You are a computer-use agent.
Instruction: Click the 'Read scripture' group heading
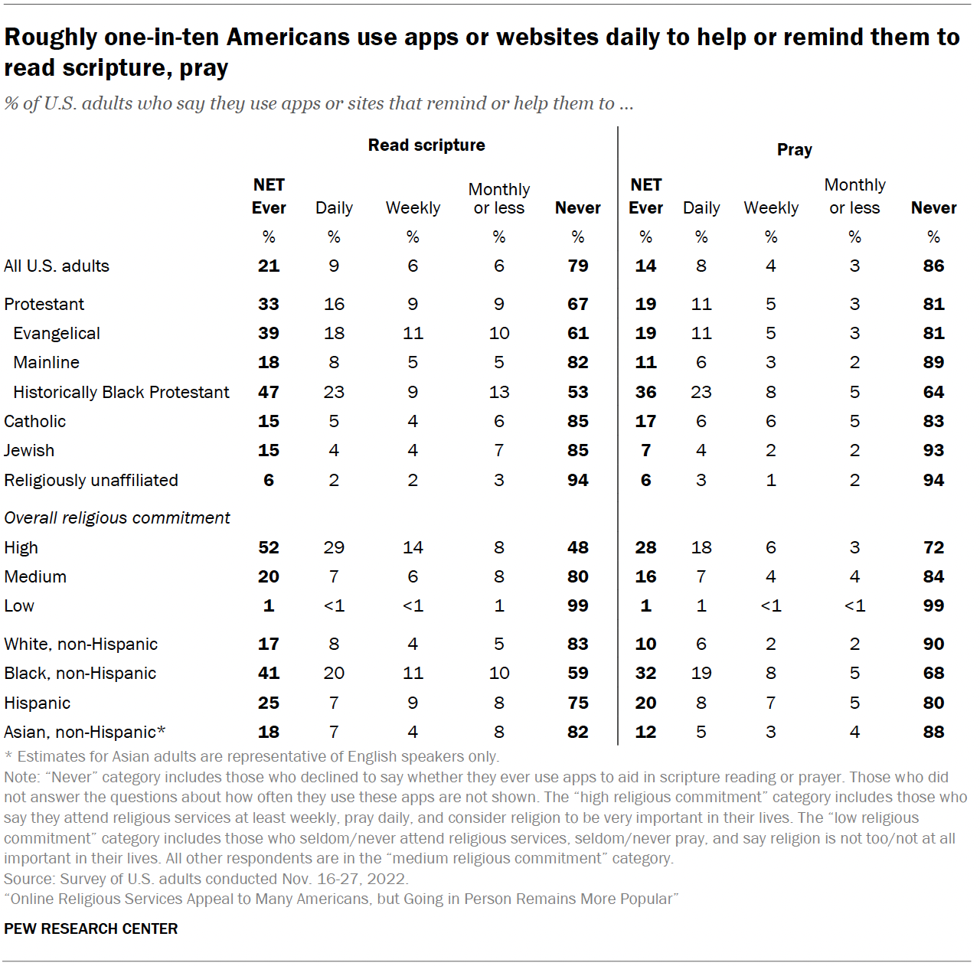[426, 145]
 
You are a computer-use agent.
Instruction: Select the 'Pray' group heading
[794, 150]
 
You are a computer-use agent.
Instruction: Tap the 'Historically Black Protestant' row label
[121, 393]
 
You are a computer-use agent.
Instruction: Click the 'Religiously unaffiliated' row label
[91, 481]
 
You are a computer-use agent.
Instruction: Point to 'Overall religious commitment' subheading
[117, 518]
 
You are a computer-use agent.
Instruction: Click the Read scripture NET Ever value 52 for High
[269, 548]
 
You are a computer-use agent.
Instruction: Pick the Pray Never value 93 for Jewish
[933, 451]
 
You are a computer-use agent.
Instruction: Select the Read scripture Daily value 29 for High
[334, 548]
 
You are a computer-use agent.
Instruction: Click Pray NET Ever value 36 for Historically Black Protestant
[645, 393]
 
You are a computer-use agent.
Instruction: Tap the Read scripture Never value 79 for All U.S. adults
[577, 266]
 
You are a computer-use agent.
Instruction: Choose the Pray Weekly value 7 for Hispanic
[770, 703]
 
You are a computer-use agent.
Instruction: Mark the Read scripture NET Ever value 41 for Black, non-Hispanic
[269, 674]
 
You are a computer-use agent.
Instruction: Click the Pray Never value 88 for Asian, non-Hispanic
[933, 733]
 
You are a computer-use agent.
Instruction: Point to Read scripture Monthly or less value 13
[499, 393]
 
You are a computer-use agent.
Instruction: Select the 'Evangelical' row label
[57, 334]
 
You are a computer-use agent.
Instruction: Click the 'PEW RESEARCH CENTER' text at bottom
[91, 928]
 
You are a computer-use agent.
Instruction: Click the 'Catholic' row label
[35, 422]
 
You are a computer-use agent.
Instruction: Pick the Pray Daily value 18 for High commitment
[701, 548]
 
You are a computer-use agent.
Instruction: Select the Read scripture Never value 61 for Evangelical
[577, 334]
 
